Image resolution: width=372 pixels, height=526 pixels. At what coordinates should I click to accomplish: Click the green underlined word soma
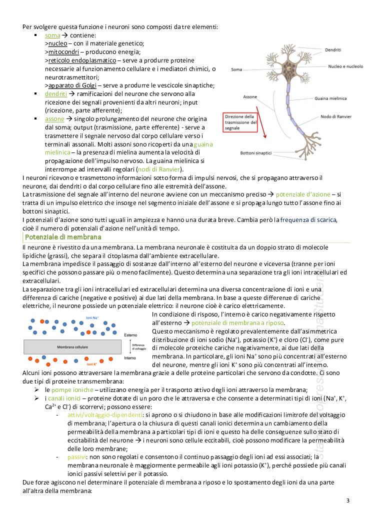tap(52, 35)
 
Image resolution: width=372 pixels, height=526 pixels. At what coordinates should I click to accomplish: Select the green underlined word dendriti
tap(56, 93)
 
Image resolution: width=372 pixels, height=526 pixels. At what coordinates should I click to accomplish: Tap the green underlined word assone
tap(54, 119)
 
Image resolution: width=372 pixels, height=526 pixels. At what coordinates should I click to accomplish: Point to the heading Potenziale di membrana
tap(62, 236)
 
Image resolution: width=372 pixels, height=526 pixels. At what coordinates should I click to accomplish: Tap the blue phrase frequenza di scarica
tap(308, 219)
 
